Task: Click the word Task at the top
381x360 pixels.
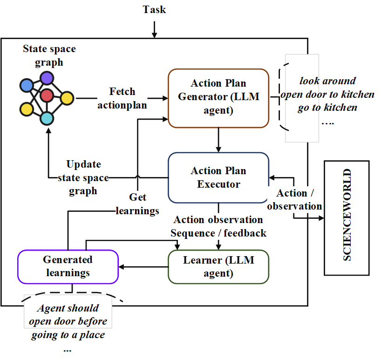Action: point(154,10)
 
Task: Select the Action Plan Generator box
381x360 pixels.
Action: point(218,97)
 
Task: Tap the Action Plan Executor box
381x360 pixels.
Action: point(218,177)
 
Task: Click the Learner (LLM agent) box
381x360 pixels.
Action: point(218,266)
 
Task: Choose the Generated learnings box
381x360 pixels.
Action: point(68,266)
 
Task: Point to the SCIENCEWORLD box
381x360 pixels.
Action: point(347,217)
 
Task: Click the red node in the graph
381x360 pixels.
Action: point(47,96)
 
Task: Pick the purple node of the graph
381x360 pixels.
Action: point(47,78)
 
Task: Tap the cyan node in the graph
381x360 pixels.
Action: point(47,118)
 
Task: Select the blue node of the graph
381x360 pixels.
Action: point(27,85)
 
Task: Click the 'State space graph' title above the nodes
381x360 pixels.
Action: point(49,55)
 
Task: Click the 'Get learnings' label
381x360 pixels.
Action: point(137,204)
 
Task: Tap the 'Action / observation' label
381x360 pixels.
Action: point(294,199)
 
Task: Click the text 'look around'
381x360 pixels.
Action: point(327,81)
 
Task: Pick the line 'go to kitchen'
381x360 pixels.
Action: point(327,108)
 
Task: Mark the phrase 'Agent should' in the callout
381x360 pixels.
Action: point(68,308)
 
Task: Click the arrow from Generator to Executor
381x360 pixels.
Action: point(218,140)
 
